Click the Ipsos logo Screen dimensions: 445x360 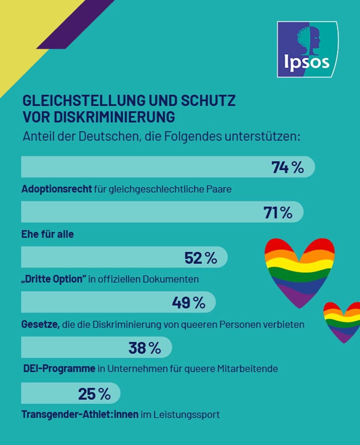click(307, 49)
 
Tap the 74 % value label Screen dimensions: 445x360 click(288, 167)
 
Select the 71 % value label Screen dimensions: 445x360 click(278, 212)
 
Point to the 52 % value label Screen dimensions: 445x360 click(201, 258)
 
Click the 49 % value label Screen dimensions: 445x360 click(188, 303)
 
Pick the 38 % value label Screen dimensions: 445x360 click(145, 348)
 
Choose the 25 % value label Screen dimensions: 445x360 click(94, 394)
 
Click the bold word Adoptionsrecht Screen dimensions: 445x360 click(57, 189)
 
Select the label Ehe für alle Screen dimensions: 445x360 click(47, 234)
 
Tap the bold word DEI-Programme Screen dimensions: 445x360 click(59, 369)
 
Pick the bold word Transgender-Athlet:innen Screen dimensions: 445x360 click(80, 415)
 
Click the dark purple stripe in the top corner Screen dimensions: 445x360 click(76, 24)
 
